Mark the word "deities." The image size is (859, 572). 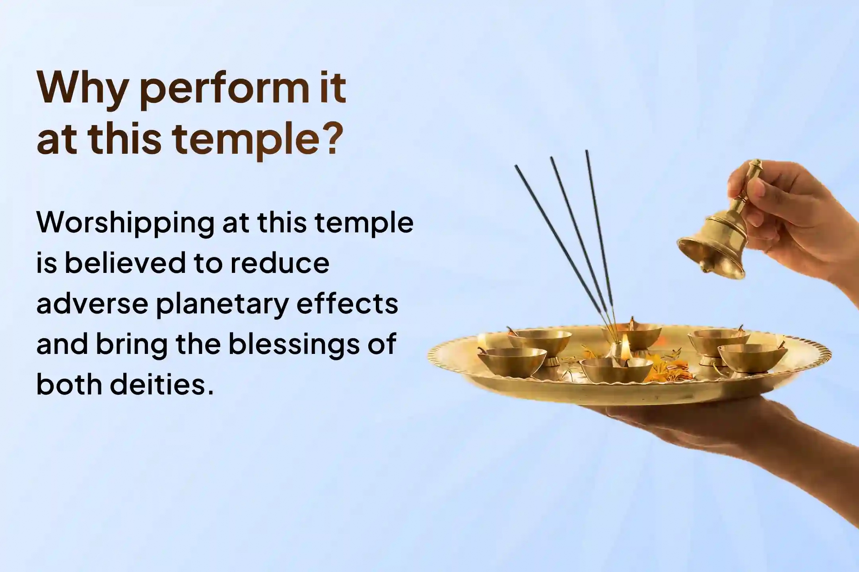pos(162,384)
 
